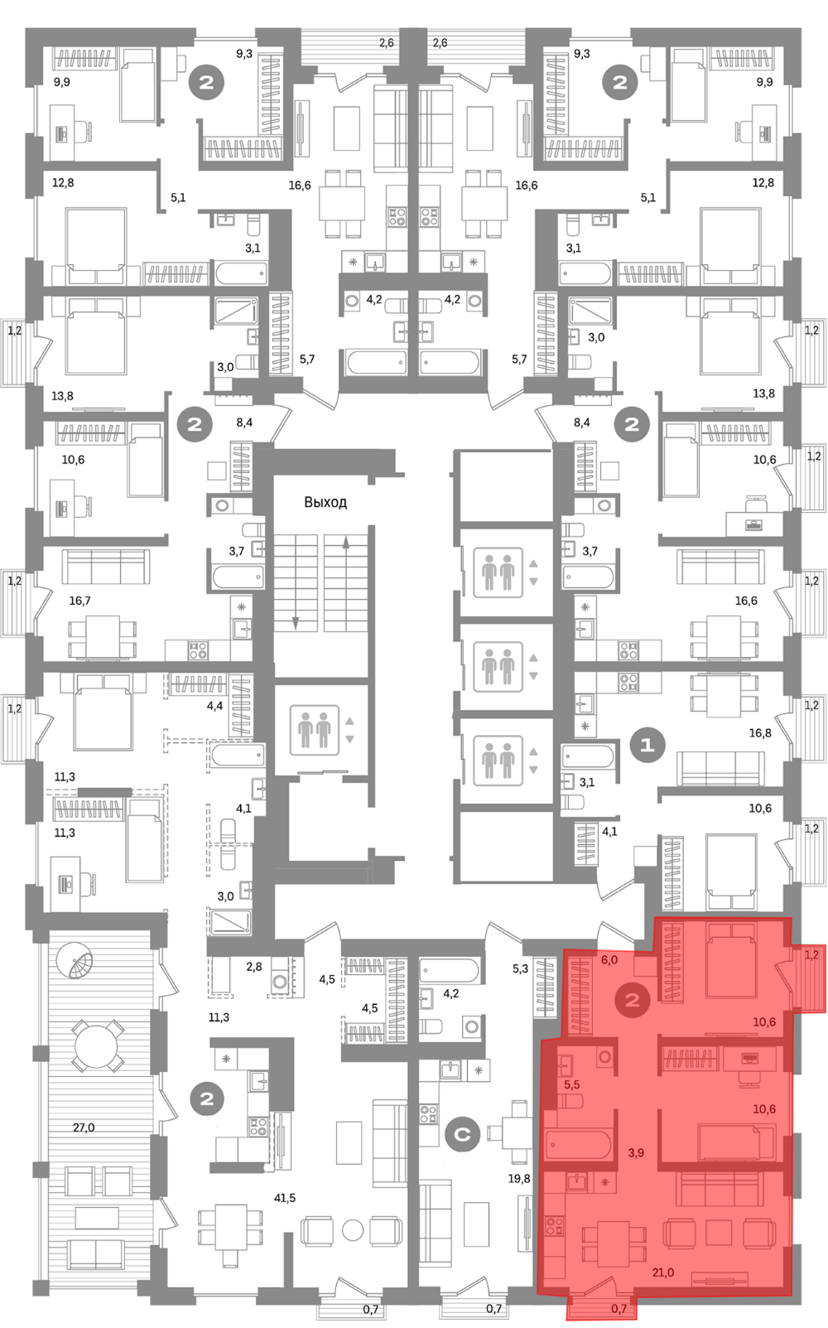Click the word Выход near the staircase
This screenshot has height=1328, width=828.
[325, 502]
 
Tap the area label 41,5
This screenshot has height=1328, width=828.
[285, 1198]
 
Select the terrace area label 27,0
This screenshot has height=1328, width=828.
[84, 1128]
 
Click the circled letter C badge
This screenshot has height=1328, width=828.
[462, 1135]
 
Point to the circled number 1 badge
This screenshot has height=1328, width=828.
[647, 744]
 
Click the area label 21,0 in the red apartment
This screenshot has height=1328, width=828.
[663, 1272]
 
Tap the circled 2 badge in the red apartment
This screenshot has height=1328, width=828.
[633, 1001]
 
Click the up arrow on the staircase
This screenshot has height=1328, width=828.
[346, 542]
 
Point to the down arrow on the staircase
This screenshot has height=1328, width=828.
[295, 622]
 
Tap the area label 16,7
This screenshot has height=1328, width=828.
[80, 601]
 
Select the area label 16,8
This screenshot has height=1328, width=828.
[760, 733]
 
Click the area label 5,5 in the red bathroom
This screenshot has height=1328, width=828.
[572, 1084]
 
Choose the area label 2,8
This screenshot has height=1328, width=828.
[253, 967]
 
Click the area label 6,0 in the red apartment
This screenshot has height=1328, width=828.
[609, 960]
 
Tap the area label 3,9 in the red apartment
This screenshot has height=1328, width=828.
[636, 1152]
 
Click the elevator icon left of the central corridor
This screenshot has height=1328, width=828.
[314, 730]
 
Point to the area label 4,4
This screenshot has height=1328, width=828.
[214, 706]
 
